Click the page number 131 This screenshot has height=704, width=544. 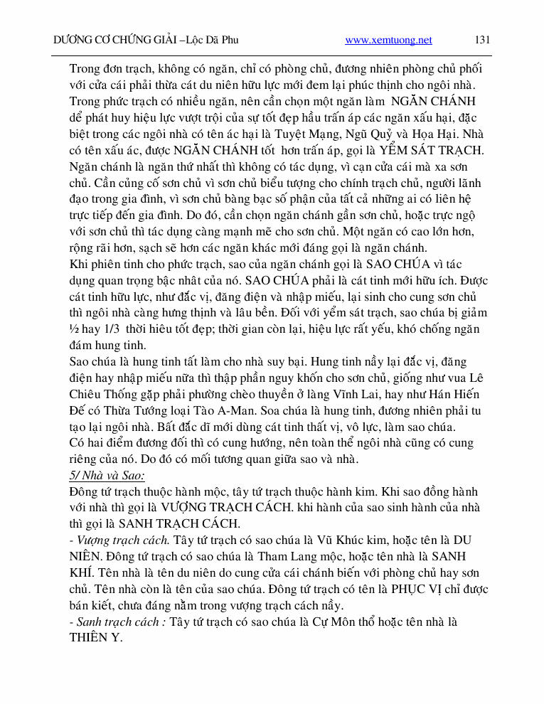click(x=482, y=40)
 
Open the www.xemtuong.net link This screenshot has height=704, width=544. click(x=388, y=41)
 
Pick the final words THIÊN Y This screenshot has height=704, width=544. click(x=96, y=639)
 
